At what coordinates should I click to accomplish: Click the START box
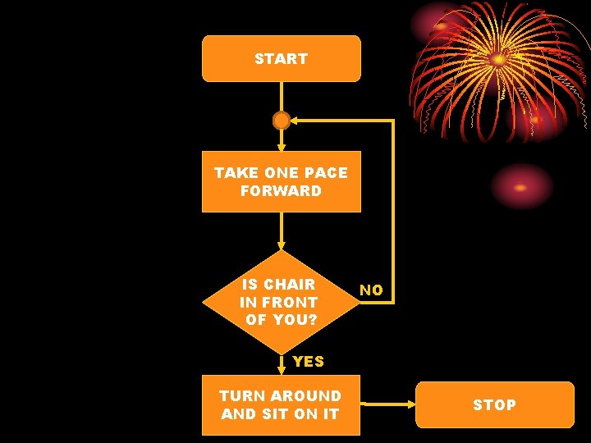[281, 59]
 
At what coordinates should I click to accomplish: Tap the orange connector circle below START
[282, 121]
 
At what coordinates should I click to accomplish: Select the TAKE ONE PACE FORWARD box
[281, 181]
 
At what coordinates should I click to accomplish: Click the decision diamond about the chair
[281, 301]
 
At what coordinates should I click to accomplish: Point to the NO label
[371, 290]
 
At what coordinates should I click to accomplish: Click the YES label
[308, 361]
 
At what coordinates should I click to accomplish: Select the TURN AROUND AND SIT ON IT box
[281, 405]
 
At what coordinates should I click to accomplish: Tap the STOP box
[494, 404]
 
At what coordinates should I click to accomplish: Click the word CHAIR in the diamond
[288, 284]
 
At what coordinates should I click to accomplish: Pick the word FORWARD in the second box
[281, 191]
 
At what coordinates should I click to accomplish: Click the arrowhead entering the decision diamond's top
[282, 245]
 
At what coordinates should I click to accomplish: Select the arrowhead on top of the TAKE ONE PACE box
[282, 148]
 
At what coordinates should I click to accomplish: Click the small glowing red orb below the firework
[521, 187]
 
